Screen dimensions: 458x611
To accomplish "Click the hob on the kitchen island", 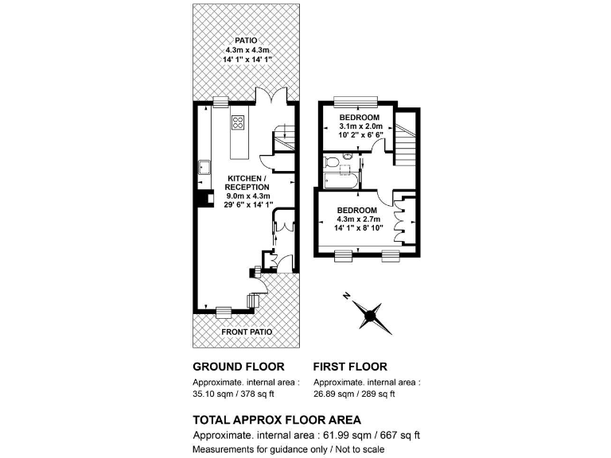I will tap(237, 122).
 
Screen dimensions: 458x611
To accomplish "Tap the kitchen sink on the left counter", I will tap(204, 168).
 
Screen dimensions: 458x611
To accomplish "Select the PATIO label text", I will tap(247, 40).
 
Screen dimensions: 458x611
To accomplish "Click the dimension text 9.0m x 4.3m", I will tap(249, 196).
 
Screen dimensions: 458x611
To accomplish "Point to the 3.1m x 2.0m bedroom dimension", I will tap(360, 126).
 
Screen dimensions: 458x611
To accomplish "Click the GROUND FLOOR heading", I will tap(239, 367).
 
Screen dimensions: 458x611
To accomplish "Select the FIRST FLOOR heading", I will tap(350, 367).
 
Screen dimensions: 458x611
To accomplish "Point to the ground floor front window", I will tap(223, 311).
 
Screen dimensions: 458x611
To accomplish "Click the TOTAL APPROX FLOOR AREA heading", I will tap(277, 419).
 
